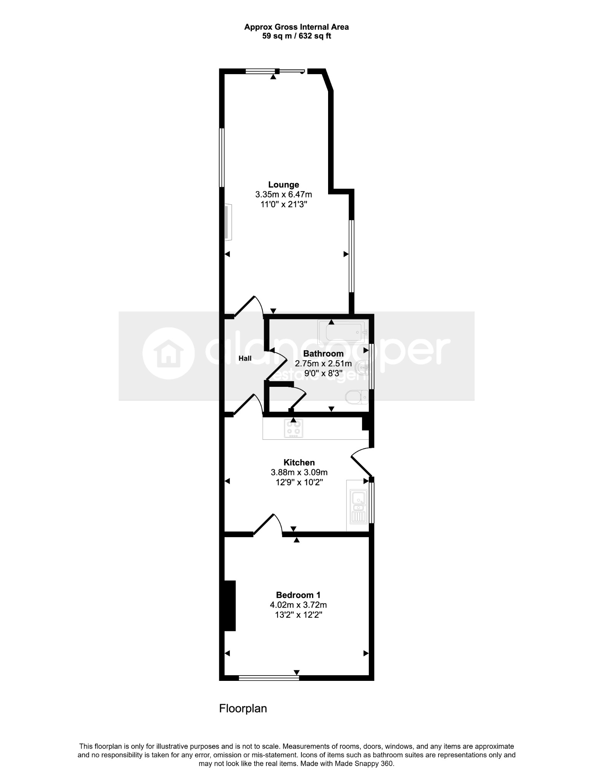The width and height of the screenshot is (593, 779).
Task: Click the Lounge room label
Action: (x=284, y=185)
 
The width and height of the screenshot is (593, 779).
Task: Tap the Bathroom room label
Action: (x=323, y=353)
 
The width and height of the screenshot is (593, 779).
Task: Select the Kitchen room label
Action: (x=299, y=463)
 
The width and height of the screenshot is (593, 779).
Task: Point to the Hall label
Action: (x=245, y=358)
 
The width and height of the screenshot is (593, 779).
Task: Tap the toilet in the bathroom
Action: (x=357, y=398)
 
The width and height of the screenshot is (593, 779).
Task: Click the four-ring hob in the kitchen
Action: (x=293, y=428)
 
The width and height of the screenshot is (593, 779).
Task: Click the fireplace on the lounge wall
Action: (x=228, y=223)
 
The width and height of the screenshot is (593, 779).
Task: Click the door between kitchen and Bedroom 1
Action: (x=268, y=524)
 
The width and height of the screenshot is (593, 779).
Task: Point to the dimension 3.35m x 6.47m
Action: (x=284, y=195)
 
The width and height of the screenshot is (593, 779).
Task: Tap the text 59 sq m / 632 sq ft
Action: (x=296, y=37)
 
